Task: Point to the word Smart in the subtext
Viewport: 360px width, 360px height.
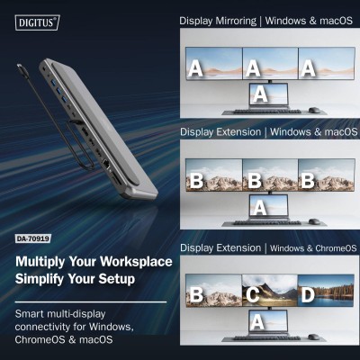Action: [x=31, y=312]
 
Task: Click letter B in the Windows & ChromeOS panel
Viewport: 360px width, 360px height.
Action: [x=195, y=294]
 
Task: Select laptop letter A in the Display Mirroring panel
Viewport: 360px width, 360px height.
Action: [x=260, y=93]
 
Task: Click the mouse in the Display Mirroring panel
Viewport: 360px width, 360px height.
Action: [x=313, y=110]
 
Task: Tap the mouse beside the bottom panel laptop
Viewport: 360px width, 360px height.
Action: [x=313, y=337]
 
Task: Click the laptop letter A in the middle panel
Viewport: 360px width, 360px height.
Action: [x=260, y=206]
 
